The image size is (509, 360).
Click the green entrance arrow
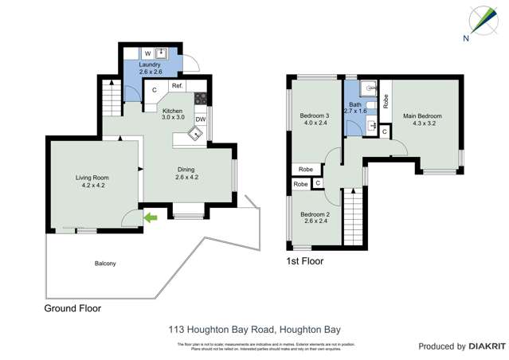pyautogui.click(x=151, y=216)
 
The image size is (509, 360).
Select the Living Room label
pyautogui.click(x=92, y=182)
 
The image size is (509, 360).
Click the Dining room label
pyautogui.click(x=186, y=173)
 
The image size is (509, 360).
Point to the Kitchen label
pyautogui.click(x=173, y=114)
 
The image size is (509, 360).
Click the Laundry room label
pyautogui.click(x=150, y=68)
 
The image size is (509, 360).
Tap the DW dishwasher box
pyautogui.click(x=201, y=119)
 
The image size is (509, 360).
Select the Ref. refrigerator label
pyautogui.click(x=177, y=86)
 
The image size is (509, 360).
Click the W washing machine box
pyautogui.click(x=148, y=53)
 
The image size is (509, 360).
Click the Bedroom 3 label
pyautogui.click(x=315, y=119)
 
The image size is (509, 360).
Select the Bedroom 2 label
pyautogui.click(x=315, y=218)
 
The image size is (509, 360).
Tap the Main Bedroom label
pyautogui.click(x=422, y=119)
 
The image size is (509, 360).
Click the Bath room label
pyautogui.click(x=355, y=108)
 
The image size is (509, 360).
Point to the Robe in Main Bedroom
pyautogui.click(x=386, y=101)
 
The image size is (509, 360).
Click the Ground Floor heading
pyautogui.click(x=72, y=308)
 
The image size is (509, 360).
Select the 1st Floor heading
pyautogui.click(x=305, y=260)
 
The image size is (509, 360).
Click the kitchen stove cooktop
pyautogui.click(x=201, y=100)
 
